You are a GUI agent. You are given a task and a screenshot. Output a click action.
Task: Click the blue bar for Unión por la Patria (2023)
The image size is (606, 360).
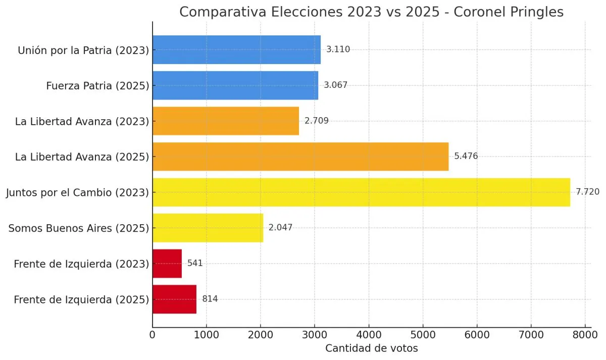tap(236, 49)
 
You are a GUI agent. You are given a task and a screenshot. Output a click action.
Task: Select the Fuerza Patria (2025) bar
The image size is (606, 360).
tap(235, 85)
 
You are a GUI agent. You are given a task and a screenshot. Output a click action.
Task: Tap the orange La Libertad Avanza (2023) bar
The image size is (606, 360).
tap(226, 121)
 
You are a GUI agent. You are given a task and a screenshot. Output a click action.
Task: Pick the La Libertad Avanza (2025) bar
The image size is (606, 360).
tap(300, 157)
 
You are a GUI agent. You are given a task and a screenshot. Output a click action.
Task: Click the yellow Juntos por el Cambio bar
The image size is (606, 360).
tap(361, 192)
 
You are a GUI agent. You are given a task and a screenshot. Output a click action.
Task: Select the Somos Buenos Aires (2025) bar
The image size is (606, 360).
tap(208, 228)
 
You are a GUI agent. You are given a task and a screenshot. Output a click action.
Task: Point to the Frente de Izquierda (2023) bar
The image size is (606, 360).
tap(167, 264)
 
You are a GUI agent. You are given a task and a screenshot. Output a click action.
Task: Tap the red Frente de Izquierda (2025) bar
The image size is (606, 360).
tap(174, 299)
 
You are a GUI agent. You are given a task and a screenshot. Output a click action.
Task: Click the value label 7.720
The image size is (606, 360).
tap(588, 192)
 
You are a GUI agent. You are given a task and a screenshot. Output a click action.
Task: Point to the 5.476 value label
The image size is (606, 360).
tap(466, 157)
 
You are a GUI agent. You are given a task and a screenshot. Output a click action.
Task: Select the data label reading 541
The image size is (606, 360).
tap(195, 264)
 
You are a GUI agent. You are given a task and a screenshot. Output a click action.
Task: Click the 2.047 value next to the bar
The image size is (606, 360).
tap(280, 228)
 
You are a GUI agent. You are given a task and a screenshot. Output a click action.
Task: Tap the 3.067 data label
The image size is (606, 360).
tap(336, 85)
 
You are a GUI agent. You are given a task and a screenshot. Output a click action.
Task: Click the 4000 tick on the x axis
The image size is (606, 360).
tap(369, 334)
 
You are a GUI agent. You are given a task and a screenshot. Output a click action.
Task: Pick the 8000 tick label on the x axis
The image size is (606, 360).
tap(585, 334)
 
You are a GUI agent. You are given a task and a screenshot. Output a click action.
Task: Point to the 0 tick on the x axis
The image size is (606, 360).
tap(153, 334)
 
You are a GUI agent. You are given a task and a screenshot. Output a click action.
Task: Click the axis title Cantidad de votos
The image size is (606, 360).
tap(371, 348)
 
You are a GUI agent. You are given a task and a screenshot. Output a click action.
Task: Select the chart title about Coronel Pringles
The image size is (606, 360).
tap(371, 12)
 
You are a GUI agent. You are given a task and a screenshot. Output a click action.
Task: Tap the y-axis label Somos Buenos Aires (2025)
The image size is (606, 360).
tap(79, 228)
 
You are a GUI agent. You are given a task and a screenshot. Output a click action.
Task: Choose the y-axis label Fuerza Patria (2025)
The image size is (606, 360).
tap(97, 86)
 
